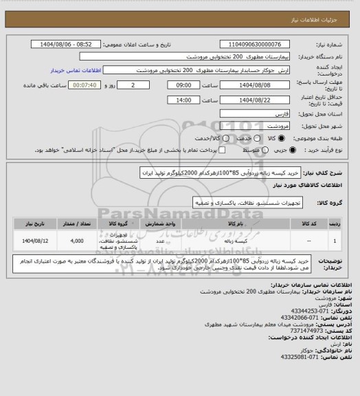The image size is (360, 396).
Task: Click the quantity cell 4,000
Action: tap(76, 241)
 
